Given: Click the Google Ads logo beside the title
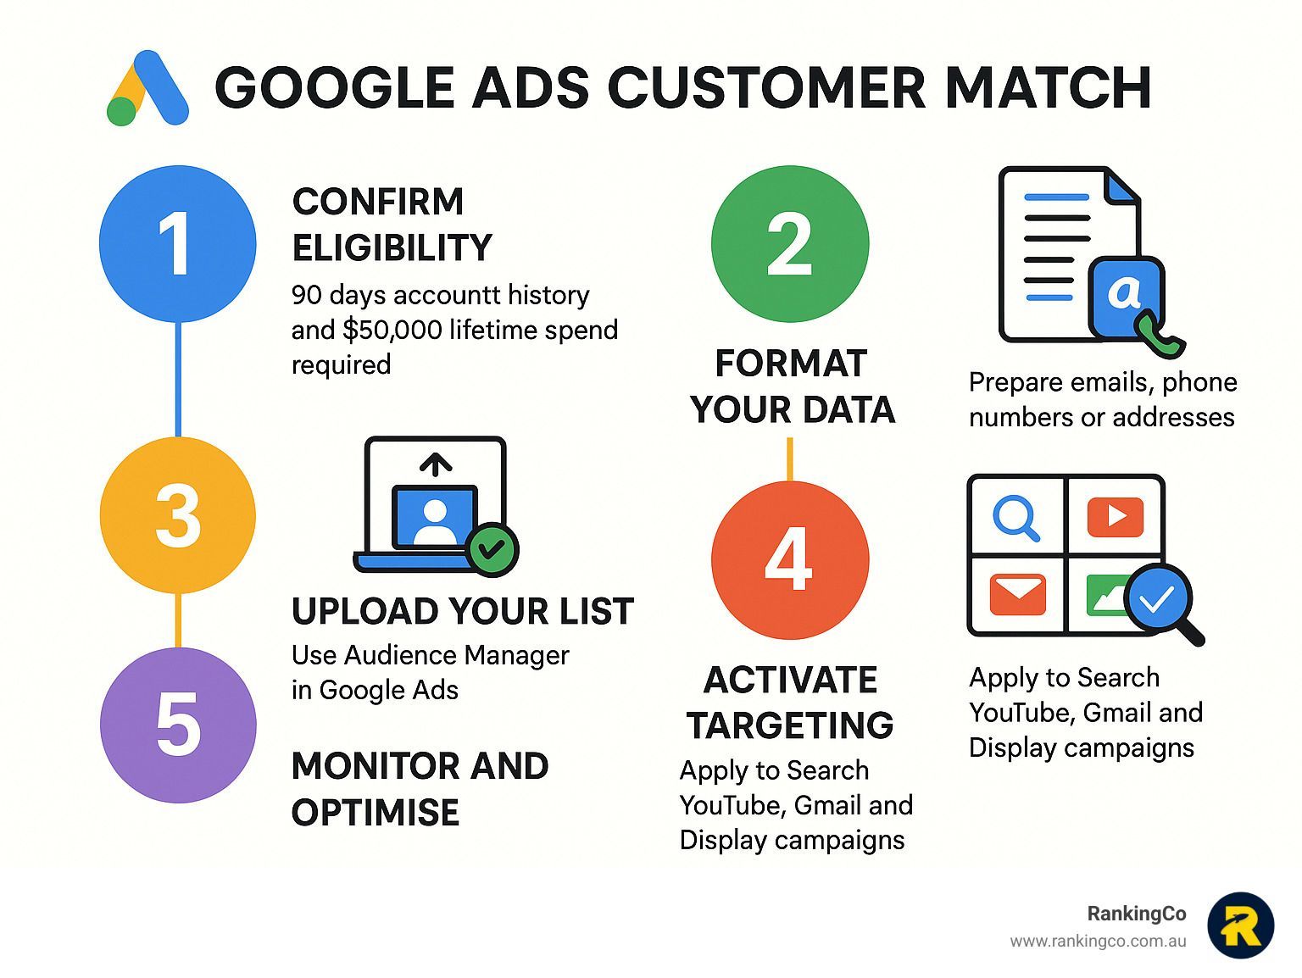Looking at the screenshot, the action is coord(147,88).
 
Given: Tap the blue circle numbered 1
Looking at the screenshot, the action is coord(178,244).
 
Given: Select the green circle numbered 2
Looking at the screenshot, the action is coord(790,244).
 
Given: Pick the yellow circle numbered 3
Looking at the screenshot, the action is coord(178,514).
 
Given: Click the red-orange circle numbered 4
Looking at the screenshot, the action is coord(790,560).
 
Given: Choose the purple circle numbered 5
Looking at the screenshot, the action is coord(178,725).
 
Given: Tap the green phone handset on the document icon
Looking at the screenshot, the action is coord(1160,336).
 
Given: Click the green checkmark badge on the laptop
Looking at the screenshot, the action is coord(492,550).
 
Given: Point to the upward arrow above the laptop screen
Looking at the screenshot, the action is coord(436,464).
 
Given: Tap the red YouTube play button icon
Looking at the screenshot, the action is coord(1116,517).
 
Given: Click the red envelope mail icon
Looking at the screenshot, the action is coord(1017,594).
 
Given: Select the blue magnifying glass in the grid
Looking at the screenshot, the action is coord(1016,519).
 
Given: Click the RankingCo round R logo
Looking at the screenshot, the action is coord(1241,925).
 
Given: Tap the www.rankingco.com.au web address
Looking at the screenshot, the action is coord(1098,942).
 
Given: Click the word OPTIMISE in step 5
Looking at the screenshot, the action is coord(376,813).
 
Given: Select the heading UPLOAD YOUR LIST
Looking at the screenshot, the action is coord(463,611).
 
